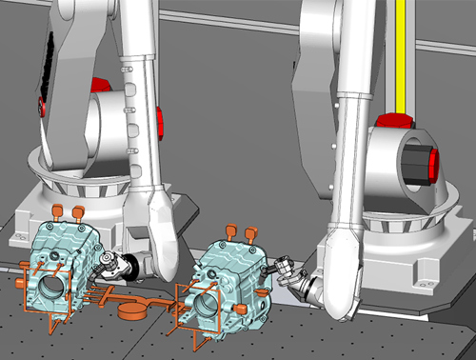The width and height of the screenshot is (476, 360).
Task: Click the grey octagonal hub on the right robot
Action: click(x=415, y=163)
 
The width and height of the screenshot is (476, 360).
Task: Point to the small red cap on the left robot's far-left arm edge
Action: click(x=40, y=103)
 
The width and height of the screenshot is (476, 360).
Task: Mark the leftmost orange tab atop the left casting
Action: click(x=56, y=209)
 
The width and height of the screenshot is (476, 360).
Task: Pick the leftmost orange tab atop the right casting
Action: click(x=230, y=231)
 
